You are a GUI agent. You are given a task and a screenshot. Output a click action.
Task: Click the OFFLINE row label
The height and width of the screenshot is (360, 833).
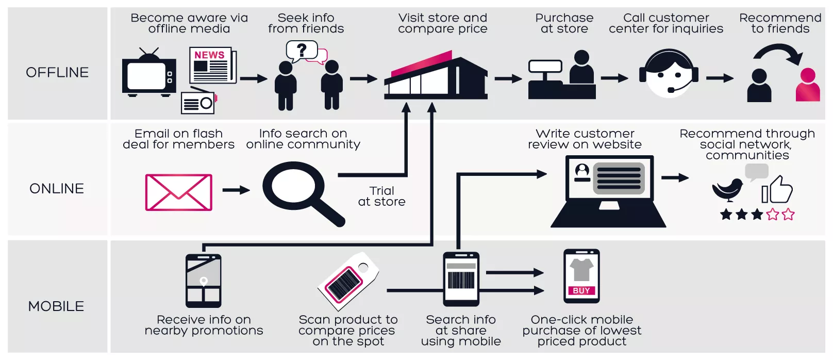(57, 72)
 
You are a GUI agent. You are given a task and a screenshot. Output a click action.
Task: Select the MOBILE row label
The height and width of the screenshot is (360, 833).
(56, 306)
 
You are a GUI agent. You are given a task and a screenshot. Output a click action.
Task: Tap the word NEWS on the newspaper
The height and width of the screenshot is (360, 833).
(209, 55)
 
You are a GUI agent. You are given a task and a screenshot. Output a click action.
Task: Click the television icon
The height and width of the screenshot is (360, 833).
(148, 76)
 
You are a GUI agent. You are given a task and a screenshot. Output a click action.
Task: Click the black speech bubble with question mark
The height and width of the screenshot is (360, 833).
(301, 51)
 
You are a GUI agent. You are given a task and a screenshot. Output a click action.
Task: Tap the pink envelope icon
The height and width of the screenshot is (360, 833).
(178, 192)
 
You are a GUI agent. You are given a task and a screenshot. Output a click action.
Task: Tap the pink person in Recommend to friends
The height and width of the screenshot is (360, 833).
(807, 86)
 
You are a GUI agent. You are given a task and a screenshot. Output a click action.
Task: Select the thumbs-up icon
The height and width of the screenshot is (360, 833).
(777, 190)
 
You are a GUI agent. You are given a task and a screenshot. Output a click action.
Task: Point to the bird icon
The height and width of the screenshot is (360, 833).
(728, 189)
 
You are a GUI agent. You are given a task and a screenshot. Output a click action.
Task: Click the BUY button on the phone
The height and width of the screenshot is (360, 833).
(581, 290)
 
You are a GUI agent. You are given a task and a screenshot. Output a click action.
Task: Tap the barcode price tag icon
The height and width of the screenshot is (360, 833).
(347, 281)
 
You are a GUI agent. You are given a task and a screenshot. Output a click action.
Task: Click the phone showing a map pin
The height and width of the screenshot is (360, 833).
(204, 281)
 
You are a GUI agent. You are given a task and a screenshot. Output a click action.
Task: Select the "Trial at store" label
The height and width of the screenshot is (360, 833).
(381, 197)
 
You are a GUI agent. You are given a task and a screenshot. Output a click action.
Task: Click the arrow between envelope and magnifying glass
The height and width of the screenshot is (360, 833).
(236, 190)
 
